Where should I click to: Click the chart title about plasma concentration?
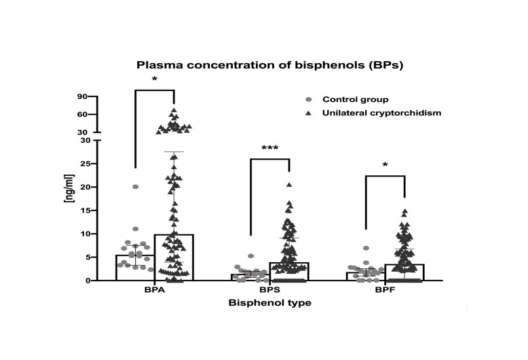click(270, 66)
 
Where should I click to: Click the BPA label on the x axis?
click(155, 289)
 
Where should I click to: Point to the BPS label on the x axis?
click(269, 289)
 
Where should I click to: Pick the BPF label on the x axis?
click(384, 289)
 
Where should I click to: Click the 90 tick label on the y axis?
click(83, 96)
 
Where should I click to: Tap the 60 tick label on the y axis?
click(83, 114)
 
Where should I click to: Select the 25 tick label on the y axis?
click(85, 164)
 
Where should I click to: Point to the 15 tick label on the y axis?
click(85, 211)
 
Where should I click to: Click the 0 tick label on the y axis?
click(88, 281)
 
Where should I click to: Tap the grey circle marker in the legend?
click(309, 99)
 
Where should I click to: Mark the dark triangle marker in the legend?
click(309, 113)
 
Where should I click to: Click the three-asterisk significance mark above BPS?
click(269, 149)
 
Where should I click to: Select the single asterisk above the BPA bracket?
click(155, 80)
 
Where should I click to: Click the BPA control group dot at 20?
click(136, 187)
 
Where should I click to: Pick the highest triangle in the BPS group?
click(289, 185)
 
